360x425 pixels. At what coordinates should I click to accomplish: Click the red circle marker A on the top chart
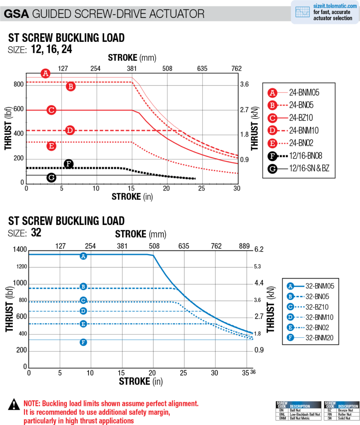(46, 74)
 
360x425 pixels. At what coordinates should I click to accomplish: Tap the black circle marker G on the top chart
(51, 178)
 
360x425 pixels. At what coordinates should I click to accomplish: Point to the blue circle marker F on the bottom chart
(83, 342)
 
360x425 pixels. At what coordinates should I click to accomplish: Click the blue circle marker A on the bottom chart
(83, 256)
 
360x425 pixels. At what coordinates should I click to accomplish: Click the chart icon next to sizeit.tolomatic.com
(302, 12)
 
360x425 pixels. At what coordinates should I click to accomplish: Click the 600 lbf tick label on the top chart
(19, 110)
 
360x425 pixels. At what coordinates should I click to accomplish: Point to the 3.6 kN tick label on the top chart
(244, 85)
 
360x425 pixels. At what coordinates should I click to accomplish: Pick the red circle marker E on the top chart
(51, 146)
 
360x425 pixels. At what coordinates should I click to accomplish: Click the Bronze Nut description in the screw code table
(346, 409)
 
